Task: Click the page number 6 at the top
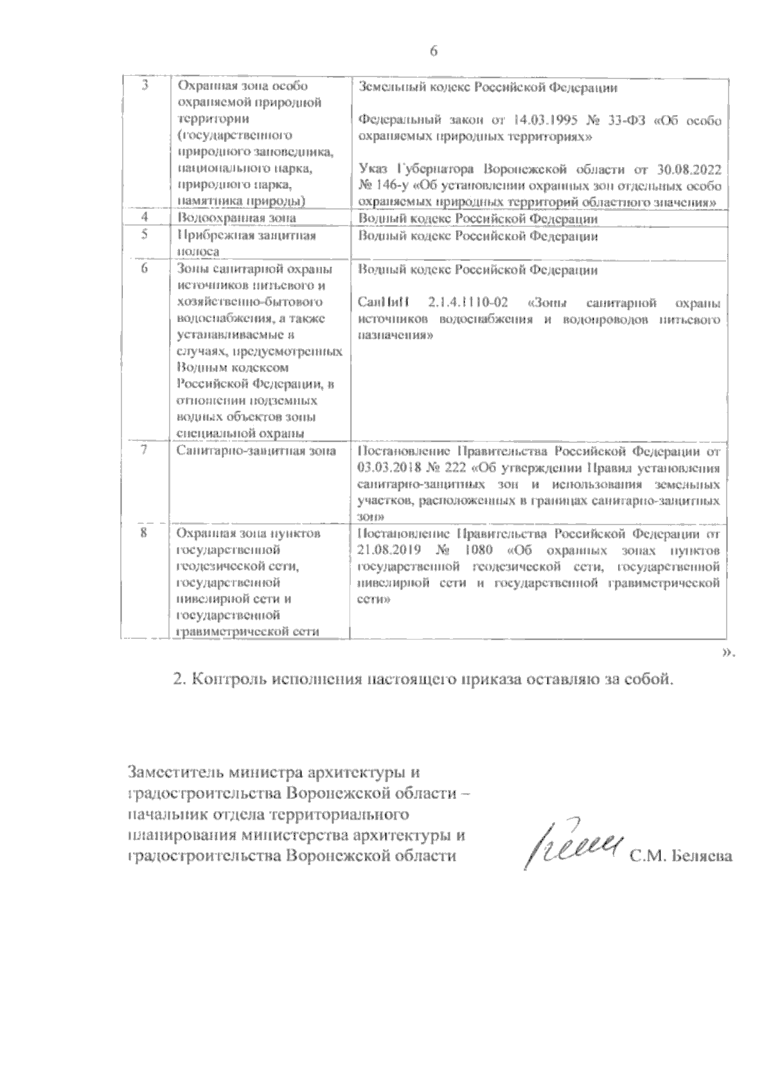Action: [x=433, y=52]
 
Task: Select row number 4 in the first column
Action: [x=144, y=219]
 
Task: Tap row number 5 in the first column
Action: [x=144, y=235]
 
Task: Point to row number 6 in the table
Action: [x=144, y=269]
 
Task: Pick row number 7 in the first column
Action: [x=144, y=451]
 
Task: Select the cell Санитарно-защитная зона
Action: [x=256, y=451]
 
